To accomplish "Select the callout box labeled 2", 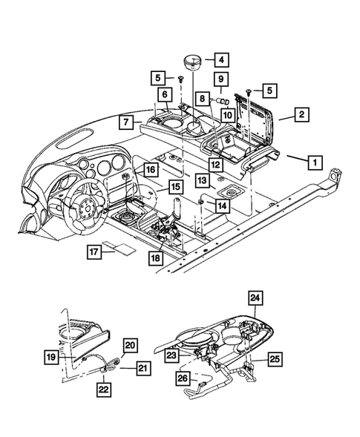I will coord(301,115).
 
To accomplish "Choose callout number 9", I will coord(221,79).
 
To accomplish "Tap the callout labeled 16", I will coord(150,170).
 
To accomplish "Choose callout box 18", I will coord(154,258).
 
